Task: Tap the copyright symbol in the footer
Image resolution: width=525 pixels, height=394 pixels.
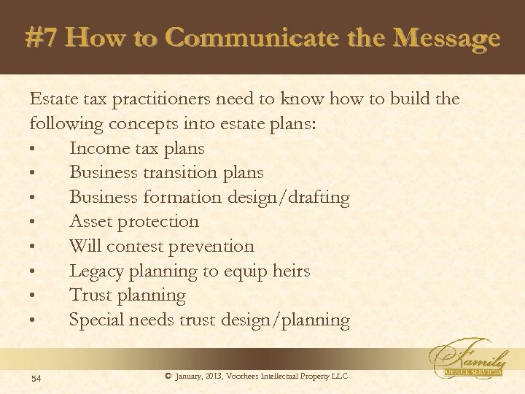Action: (168, 376)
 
